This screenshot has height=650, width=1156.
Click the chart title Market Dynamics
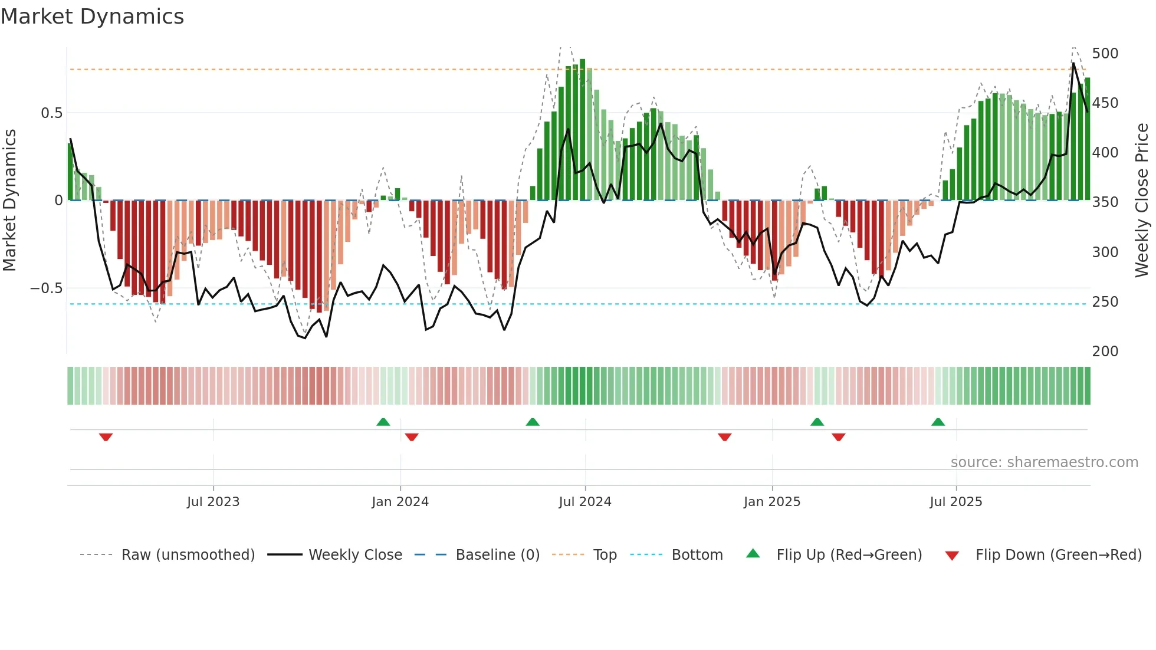pyautogui.click(x=92, y=17)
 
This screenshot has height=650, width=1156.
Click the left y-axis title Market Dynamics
pyautogui.click(x=9, y=200)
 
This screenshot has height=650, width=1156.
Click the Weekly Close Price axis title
pyautogui.click(x=1142, y=200)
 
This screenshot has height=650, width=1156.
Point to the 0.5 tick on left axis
pyautogui.click(x=51, y=113)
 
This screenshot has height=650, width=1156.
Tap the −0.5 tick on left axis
pyautogui.click(x=47, y=288)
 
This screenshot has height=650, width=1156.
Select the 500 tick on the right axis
pyautogui.click(x=1105, y=54)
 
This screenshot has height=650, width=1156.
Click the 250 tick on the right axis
pyautogui.click(x=1105, y=302)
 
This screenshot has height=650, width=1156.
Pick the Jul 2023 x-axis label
pyautogui.click(x=213, y=502)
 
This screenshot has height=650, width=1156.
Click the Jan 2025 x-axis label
pyautogui.click(x=771, y=502)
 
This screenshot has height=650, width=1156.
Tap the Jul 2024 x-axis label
pyautogui.click(x=584, y=502)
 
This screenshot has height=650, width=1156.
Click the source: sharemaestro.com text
pyautogui.click(x=1044, y=462)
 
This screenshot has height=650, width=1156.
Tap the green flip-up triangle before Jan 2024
pyautogui.click(x=383, y=422)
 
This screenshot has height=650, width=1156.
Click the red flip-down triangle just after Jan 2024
pyautogui.click(x=412, y=437)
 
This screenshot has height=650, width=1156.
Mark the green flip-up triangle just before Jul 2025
pyautogui.click(x=938, y=422)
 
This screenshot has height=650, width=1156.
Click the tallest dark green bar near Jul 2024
pyautogui.click(x=582, y=130)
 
